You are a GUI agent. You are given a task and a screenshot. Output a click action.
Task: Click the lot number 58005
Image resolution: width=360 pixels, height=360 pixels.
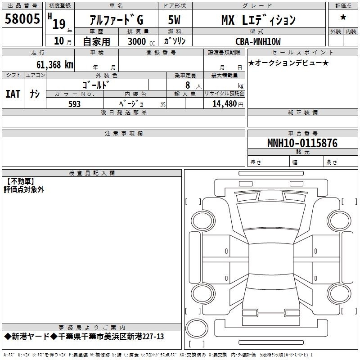pos(22,18)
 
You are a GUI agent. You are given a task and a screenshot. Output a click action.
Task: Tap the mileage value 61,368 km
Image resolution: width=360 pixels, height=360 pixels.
pos(54,64)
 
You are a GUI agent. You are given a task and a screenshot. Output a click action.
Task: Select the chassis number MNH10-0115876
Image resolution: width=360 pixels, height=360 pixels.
pos(302,143)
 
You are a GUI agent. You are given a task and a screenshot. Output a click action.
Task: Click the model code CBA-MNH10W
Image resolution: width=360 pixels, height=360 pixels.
pos(258,41)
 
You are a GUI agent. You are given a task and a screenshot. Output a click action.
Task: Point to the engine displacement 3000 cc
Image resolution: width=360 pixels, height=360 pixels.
pos(141,41)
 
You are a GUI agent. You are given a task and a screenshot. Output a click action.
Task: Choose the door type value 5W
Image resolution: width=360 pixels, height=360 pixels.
pos(174,20)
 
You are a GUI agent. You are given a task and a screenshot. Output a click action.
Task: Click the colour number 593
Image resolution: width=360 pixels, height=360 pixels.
pos(75,104)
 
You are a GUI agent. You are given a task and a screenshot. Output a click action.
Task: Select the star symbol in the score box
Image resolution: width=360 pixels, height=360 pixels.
pos(343,18)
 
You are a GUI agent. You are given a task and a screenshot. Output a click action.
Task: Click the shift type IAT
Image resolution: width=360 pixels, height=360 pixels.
pos(13,94)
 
